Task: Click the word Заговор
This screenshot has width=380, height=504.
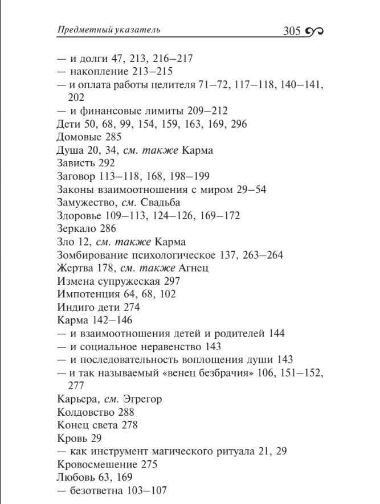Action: [x=76, y=177]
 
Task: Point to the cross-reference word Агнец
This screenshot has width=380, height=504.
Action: [x=194, y=268]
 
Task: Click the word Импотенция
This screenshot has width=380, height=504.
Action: [x=86, y=294]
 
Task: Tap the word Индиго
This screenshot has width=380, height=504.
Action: [x=74, y=308]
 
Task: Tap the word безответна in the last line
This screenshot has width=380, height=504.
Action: [x=97, y=491]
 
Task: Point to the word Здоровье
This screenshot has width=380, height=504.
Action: [x=79, y=216]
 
